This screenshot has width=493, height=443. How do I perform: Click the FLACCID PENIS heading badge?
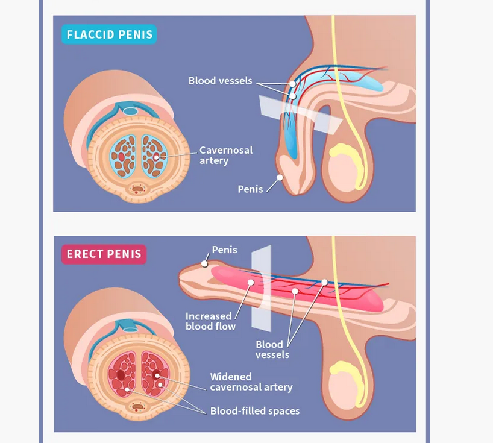pos(108,34)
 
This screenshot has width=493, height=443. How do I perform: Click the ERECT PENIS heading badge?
pos(104,254)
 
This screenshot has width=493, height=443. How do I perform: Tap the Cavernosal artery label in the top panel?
pos(226,156)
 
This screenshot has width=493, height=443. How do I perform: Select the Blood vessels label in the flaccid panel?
pos(220,80)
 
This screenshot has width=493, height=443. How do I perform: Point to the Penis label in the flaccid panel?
pos(250,189)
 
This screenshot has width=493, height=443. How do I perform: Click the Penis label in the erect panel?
pos(224,250)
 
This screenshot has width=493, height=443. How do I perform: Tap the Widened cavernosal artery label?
pos(251,382)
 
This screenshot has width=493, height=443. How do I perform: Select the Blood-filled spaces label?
pos(254,411)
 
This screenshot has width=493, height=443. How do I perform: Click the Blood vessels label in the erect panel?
pos(269,350)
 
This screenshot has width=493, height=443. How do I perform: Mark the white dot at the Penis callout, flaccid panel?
pos(280,177)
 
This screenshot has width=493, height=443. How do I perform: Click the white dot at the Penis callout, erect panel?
pos(204,263)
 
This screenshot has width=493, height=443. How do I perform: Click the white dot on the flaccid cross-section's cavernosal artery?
pos(157,156)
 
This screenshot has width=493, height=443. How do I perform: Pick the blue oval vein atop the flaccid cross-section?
pos(130,111)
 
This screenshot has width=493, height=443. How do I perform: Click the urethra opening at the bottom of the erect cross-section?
pos(138,407)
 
